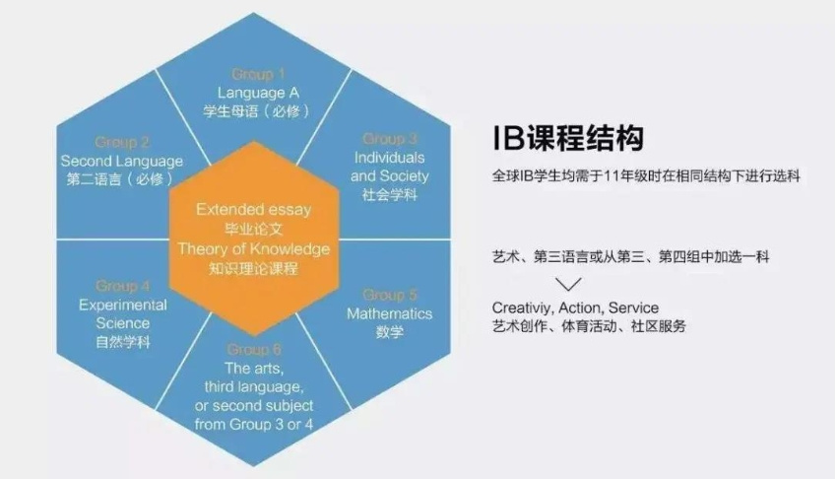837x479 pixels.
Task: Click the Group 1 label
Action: point(258,74)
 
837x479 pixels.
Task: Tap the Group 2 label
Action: point(122,142)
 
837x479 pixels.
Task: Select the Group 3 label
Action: point(390,139)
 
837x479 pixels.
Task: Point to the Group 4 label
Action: point(123,286)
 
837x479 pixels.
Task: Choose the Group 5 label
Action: point(390,295)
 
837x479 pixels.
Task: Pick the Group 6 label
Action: point(254,349)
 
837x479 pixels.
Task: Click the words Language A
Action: point(258,93)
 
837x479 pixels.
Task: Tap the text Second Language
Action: point(122,162)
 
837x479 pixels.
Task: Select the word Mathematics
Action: point(390,313)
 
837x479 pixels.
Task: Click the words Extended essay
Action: point(253,209)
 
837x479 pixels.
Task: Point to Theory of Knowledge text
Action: point(253,249)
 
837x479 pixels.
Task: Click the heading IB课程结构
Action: point(567,138)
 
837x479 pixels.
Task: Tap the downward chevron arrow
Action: point(568,283)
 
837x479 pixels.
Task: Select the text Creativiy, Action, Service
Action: point(575,308)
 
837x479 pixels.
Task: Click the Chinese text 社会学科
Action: point(390,195)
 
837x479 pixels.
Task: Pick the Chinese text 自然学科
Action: point(123,342)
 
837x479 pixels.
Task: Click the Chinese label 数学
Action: point(390,332)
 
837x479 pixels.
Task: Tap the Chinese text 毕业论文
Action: point(253,229)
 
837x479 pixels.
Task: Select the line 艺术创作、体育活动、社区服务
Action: point(589,326)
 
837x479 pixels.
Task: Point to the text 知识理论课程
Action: point(253,269)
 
